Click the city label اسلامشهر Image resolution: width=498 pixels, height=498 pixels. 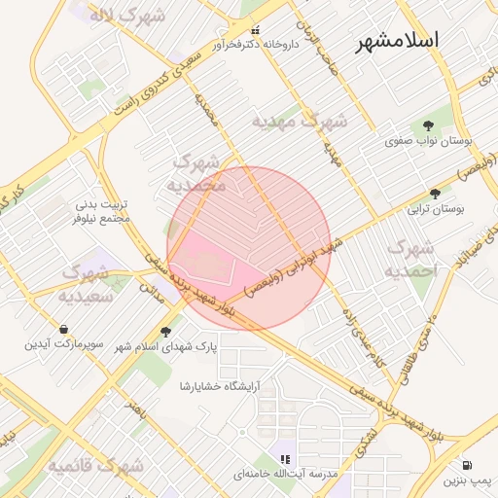pos(397,40)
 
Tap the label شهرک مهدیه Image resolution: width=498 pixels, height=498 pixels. pos(299,122)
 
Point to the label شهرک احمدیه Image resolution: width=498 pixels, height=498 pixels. pos(411,260)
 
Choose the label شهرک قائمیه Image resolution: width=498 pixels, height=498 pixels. pos(96,466)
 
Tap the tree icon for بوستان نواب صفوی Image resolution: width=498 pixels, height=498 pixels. pos(428,124)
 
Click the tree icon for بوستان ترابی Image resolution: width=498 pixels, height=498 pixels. pos(435,194)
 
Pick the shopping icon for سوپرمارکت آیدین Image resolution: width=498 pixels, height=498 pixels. pos(63,329)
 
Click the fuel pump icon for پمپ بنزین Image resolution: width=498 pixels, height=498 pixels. pos(468,466)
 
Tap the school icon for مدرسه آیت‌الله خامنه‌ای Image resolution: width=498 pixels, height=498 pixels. pos(285,458)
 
